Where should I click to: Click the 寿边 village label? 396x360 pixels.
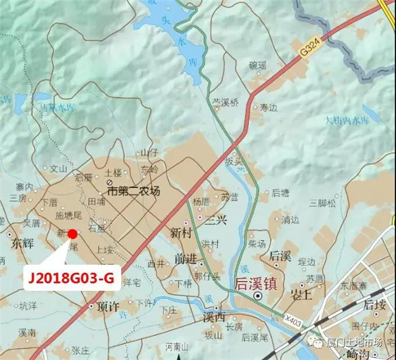pos(269,107)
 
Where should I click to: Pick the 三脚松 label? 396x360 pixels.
pos(321,203)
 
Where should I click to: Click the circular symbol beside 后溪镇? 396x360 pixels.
pos(258,296)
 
